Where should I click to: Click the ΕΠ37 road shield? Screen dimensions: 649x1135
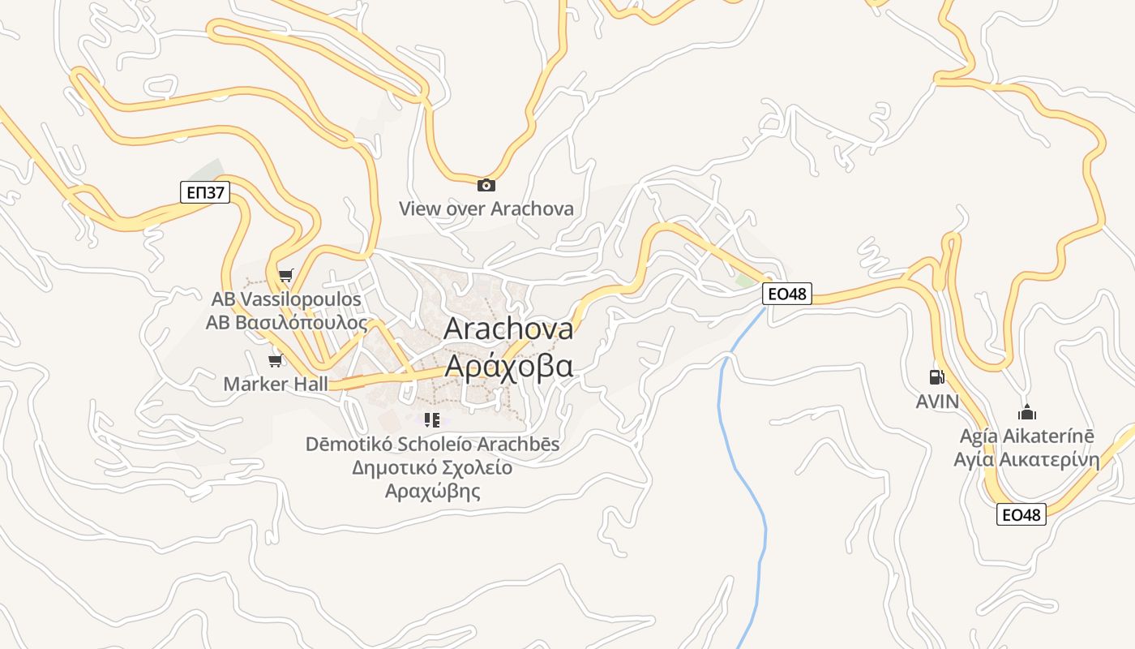[205, 192]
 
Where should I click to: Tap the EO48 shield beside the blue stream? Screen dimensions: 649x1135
[786, 294]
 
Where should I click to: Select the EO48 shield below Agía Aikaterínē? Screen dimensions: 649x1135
[1021, 514]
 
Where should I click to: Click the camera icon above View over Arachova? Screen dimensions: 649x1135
[486, 186]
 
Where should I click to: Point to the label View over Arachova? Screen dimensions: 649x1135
[486, 208]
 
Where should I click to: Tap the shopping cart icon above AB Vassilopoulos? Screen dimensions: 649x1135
[285, 276]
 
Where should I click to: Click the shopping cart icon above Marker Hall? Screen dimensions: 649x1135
[276, 360]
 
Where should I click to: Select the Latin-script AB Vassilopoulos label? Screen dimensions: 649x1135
[286, 299]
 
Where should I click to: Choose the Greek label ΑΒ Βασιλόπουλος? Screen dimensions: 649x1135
[286, 323]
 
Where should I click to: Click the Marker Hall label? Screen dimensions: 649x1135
[276, 384]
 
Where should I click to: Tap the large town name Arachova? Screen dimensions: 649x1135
[508, 329]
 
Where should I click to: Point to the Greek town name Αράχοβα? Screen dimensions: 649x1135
[508, 367]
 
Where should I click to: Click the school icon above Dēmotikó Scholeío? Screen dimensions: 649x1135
[432, 420]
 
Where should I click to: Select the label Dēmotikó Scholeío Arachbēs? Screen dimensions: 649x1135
[432, 445]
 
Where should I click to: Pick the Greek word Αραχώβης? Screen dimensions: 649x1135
[432, 492]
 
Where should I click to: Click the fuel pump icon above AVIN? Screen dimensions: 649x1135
[936, 377]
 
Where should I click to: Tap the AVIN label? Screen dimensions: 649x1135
[937, 402]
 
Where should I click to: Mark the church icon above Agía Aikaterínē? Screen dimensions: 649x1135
[1027, 412]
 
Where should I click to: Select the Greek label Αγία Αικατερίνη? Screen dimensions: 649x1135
[1026, 460]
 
